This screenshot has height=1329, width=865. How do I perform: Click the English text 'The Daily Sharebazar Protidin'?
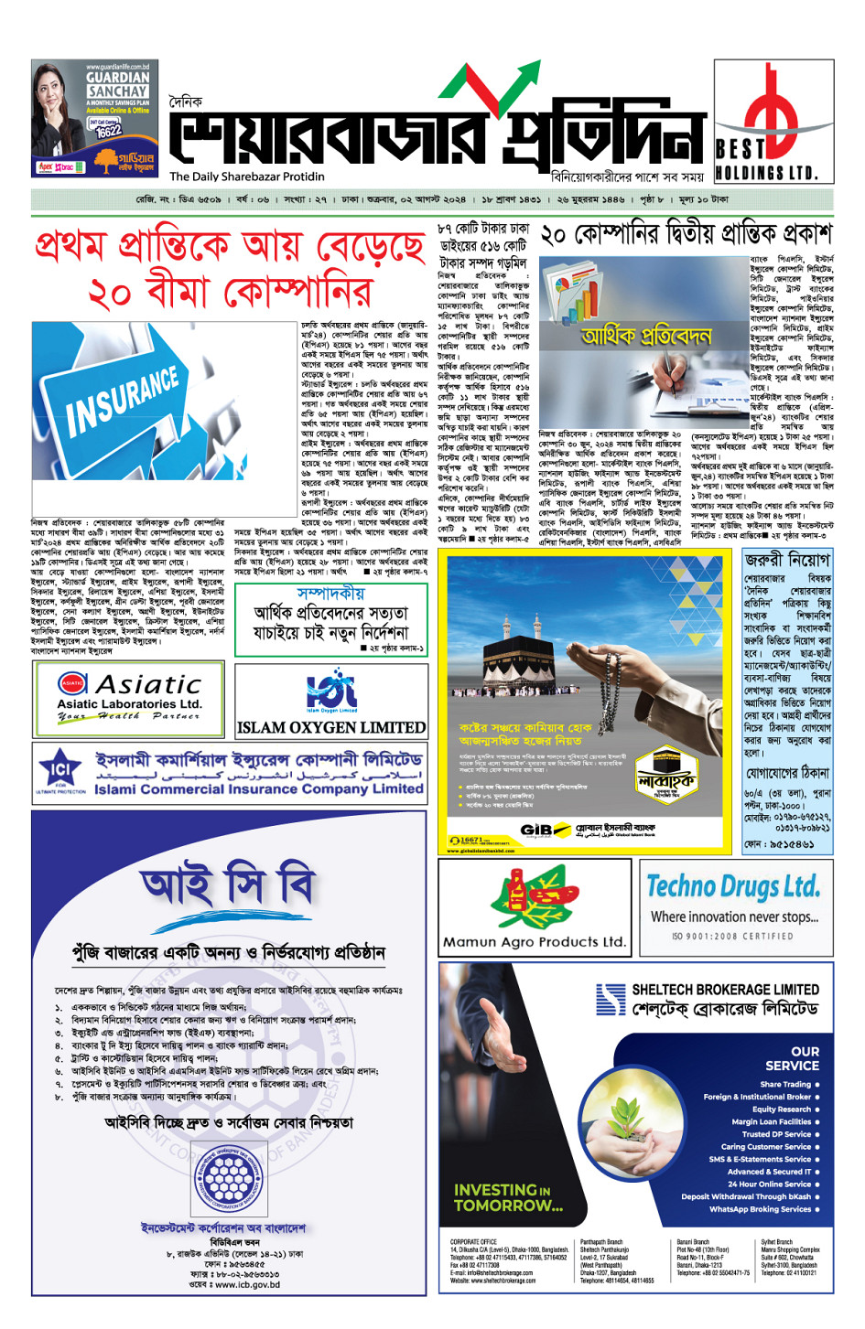[246, 177]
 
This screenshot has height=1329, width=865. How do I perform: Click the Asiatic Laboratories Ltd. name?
[129, 703]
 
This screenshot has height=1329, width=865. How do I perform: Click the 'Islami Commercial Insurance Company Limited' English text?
[259, 788]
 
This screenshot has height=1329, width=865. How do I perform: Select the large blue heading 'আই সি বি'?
[228, 886]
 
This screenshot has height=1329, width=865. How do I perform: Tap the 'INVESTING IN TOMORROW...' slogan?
[508, 1197]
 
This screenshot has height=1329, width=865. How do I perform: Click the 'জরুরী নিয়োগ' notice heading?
[786, 559]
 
